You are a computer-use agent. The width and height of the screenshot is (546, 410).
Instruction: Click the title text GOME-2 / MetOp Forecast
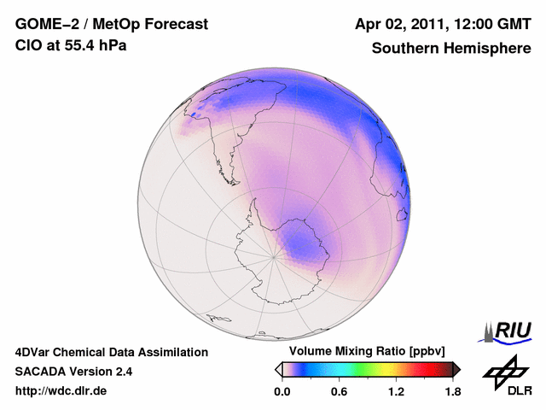click(111, 25)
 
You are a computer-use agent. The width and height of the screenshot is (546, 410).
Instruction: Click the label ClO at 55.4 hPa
click(71, 46)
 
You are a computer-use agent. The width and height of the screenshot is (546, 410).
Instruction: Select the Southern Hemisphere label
click(450, 48)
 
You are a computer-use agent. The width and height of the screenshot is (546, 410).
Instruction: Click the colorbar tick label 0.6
click(339, 392)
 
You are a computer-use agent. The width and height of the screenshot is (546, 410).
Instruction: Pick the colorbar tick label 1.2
click(396, 392)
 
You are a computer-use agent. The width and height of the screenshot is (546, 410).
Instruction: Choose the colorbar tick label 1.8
click(452, 392)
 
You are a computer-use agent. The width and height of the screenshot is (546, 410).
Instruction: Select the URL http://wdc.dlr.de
click(61, 392)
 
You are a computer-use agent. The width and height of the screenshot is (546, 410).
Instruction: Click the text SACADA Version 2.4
click(73, 372)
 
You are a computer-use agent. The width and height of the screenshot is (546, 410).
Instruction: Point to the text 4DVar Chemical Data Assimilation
click(111, 352)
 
